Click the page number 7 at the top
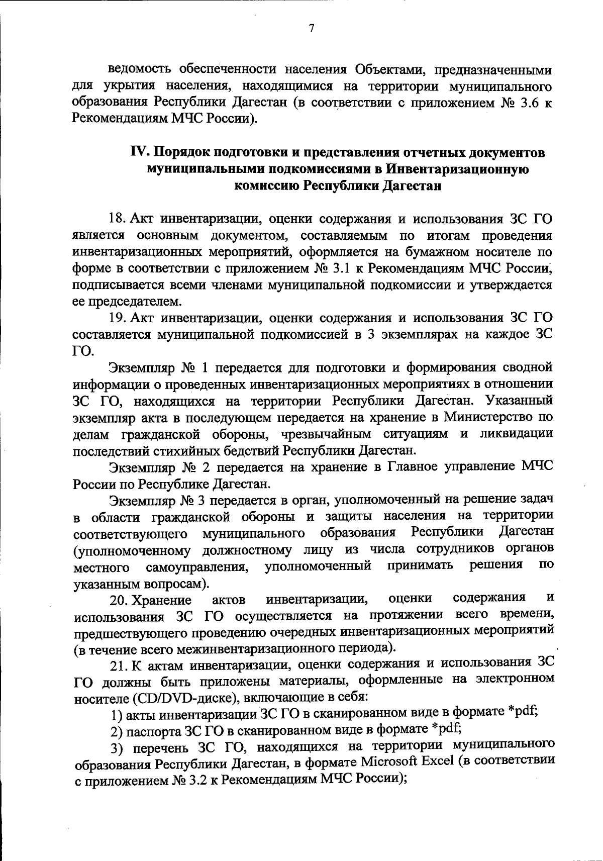tap(311, 29)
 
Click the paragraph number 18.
tap(117, 219)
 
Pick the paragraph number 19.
tap(117, 318)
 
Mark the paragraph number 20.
tap(119, 600)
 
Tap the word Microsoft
tap(389, 761)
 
